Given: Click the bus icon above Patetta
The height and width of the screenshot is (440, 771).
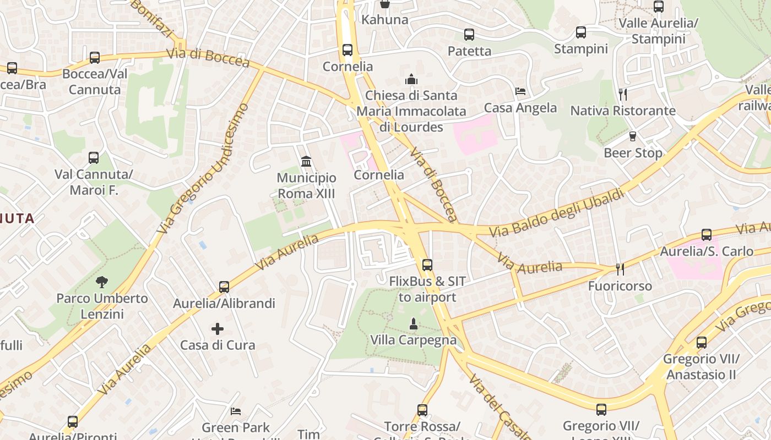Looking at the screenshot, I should coord(469,35).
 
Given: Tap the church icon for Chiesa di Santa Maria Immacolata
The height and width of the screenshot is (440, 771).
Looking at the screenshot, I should coord(411,80).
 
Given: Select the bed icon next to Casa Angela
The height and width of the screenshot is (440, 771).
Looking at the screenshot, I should coord(520,91).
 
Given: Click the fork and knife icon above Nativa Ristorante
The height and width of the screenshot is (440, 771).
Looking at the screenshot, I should coord(623,94).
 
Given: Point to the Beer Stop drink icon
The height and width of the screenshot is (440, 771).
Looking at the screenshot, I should coord(633,136).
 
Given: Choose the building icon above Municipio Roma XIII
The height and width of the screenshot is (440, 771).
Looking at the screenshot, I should coord(306,161).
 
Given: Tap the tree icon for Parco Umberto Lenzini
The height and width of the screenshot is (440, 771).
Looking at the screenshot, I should coord(102,282).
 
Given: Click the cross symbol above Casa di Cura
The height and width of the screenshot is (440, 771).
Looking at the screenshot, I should coord(218,329).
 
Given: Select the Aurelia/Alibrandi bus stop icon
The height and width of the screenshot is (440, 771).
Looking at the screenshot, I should coord(224,287).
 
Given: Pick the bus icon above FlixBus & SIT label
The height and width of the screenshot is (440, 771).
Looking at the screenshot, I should coord(427,265).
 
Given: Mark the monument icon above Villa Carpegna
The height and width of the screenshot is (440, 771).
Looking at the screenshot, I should coord(414,324).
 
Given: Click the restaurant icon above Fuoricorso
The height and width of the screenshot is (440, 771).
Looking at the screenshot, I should coord(620,269).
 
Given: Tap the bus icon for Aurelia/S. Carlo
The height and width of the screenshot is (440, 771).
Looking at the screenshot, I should coord(707,235).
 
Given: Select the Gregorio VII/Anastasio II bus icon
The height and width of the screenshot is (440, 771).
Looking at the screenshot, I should coord(702,343).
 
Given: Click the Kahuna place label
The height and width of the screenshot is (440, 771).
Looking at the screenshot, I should coord(385,20).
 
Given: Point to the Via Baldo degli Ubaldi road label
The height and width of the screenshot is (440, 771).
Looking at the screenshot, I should coord(557,212).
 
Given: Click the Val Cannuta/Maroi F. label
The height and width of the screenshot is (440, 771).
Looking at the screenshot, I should coord(94,183).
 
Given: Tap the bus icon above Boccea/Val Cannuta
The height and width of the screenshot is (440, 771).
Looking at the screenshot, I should coord(95,57).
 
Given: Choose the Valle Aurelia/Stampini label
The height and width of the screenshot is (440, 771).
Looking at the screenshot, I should coord(659,31).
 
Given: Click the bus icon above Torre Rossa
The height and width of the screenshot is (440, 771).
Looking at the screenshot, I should coord(422,410).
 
